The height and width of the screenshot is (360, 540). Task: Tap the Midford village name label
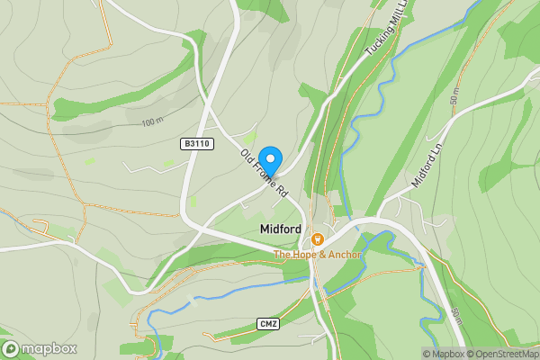click(x=280, y=229)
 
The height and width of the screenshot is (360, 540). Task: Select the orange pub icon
click(x=318, y=240)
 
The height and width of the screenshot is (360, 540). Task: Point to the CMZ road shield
click(x=266, y=323)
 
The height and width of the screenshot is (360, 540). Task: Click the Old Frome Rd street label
click(x=263, y=173)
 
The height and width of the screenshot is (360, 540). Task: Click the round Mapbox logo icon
click(x=11, y=349)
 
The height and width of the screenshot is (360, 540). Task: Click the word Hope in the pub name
click(x=304, y=255)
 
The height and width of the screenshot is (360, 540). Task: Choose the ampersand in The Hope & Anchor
click(x=321, y=255)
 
